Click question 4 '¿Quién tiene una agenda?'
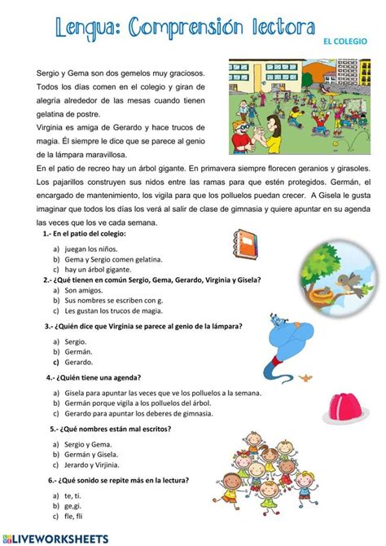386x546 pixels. coord(98,377)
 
